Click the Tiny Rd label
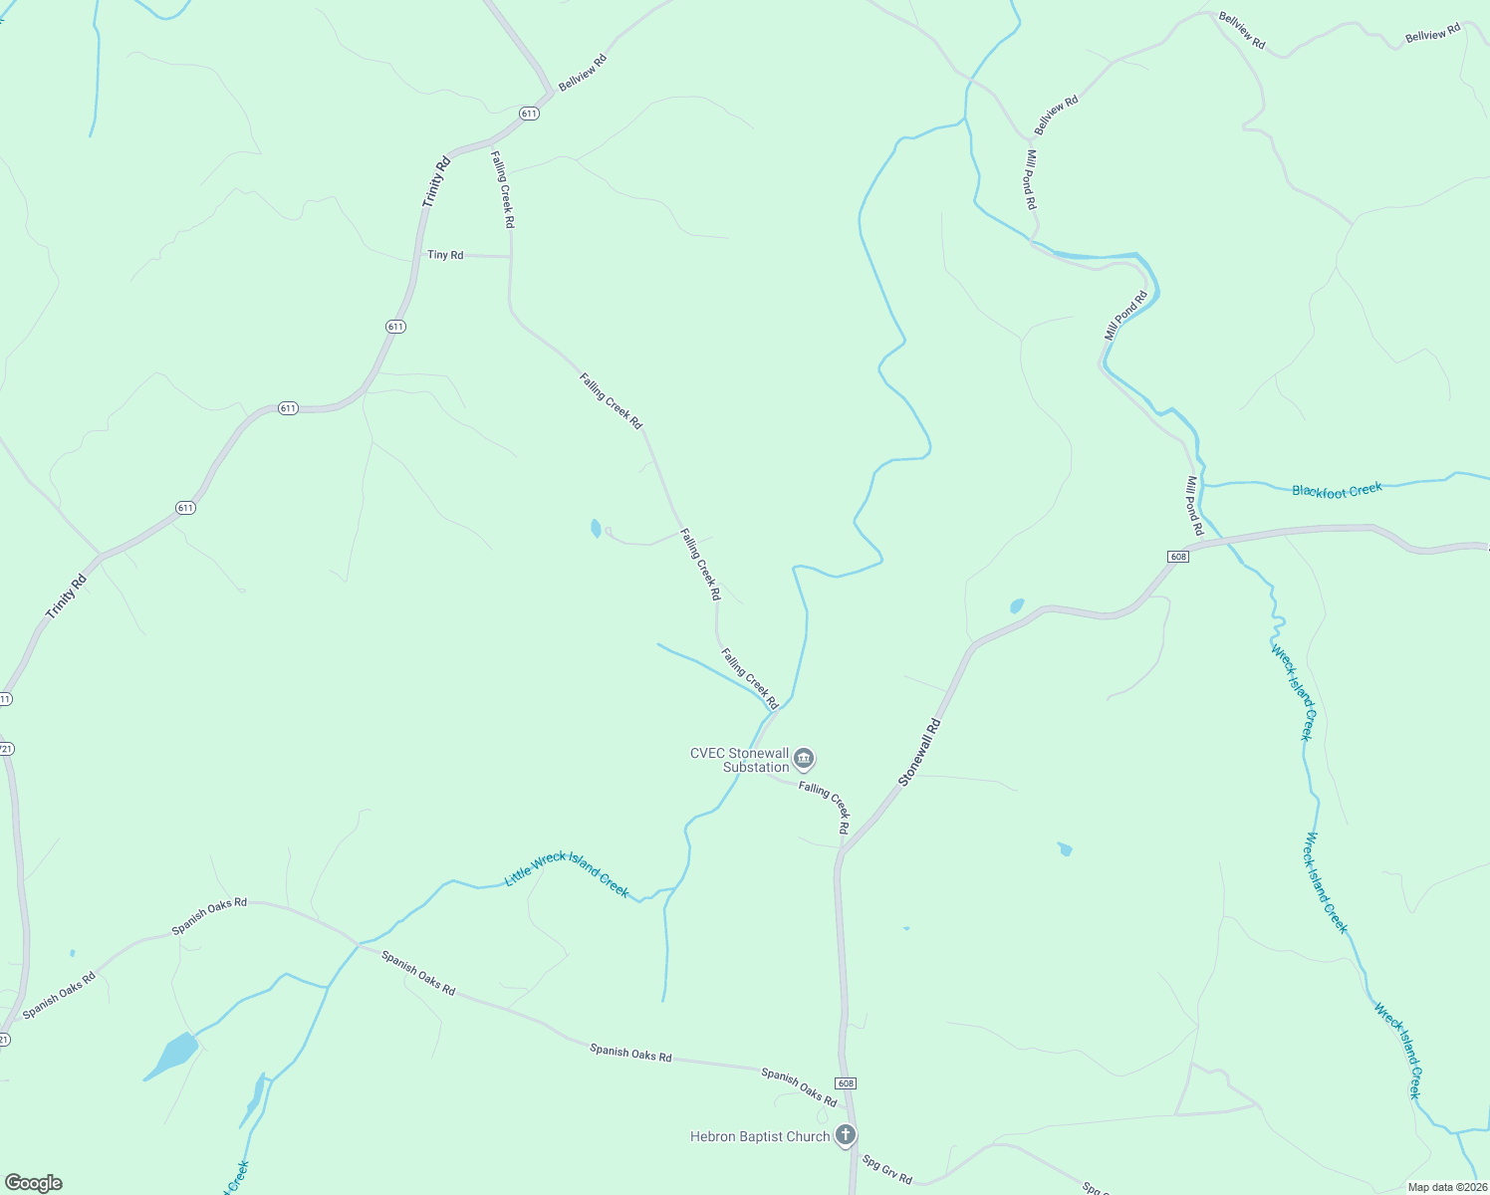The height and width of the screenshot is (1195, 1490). click(x=445, y=255)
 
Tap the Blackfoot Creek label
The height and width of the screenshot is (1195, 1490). click(x=1337, y=490)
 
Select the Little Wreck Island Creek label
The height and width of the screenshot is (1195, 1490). click(x=567, y=873)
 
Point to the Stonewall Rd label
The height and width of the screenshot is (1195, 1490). click(x=919, y=753)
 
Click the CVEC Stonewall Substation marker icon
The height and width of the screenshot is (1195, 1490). click(x=805, y=759)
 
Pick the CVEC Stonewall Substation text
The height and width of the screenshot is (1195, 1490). click(x=740, y=760)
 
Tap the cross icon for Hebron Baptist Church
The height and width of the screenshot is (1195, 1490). click(x=846, y=1134)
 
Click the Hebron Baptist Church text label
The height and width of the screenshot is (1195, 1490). click(x=760, y=1136)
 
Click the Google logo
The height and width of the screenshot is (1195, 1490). click(x=34, y=1183)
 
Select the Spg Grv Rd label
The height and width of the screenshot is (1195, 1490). click(x=886, y=1169)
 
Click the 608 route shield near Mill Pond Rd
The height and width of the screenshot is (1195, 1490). click(x=1178, y=557)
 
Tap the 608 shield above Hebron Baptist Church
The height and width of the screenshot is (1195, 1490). click(x=846, y=1083)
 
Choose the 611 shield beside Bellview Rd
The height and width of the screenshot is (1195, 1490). click(x=529, y=114)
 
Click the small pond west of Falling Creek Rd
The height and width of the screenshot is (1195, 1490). click(x=596, y=528)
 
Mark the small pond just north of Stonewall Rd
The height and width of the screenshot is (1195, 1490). click(x=1017, y=605)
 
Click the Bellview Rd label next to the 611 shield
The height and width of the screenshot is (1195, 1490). click(x=583, y=73)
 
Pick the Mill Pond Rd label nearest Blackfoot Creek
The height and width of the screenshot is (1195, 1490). click(x=1194, y=505)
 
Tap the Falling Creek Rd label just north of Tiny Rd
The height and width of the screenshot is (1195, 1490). click(x=503, y=189)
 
